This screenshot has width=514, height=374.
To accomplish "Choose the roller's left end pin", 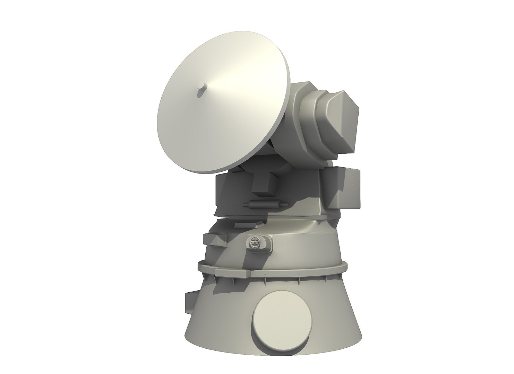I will tap(246, 205).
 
